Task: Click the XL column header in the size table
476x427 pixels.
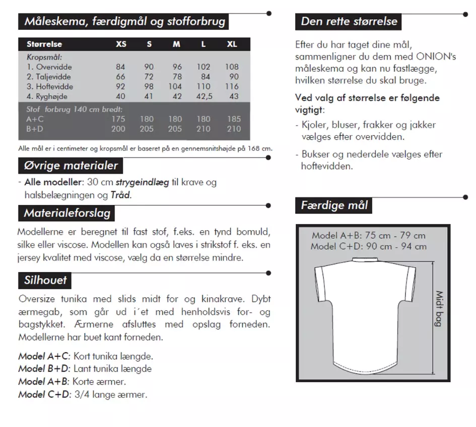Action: pyautogui.click(x=232, y=44)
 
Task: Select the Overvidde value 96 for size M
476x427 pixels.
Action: pyautogui.click(x=177, y=67)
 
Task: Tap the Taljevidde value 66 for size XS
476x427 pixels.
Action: pyautogui.click(x=120, y=77)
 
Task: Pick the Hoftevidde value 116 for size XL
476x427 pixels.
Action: pyautogui.click(x=232, y=86)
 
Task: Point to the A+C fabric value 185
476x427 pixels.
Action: pyautogui.click(x=234, y=119)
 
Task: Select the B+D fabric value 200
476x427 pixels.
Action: pyautogui.click(x=118, y=129)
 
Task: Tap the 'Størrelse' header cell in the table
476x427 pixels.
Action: pyautogui.click(x=44, y=44)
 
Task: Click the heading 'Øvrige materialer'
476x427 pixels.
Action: pyautogui.click(x=71, y=166)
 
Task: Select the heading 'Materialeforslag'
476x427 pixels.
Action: pyautogui.click(x=67, y=213)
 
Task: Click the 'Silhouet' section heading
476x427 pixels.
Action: pyautogui.click(x=45, y=280)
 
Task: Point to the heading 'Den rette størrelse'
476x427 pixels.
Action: pyautogui.click(x=349, y=21)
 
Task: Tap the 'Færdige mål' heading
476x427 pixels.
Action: pyautogui.click(x=334, y=205)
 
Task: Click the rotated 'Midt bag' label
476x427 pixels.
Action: pyautogui.click(x=438, y=308)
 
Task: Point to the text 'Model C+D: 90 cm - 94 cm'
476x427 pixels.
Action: pyautogui.click(x=368, y=246)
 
